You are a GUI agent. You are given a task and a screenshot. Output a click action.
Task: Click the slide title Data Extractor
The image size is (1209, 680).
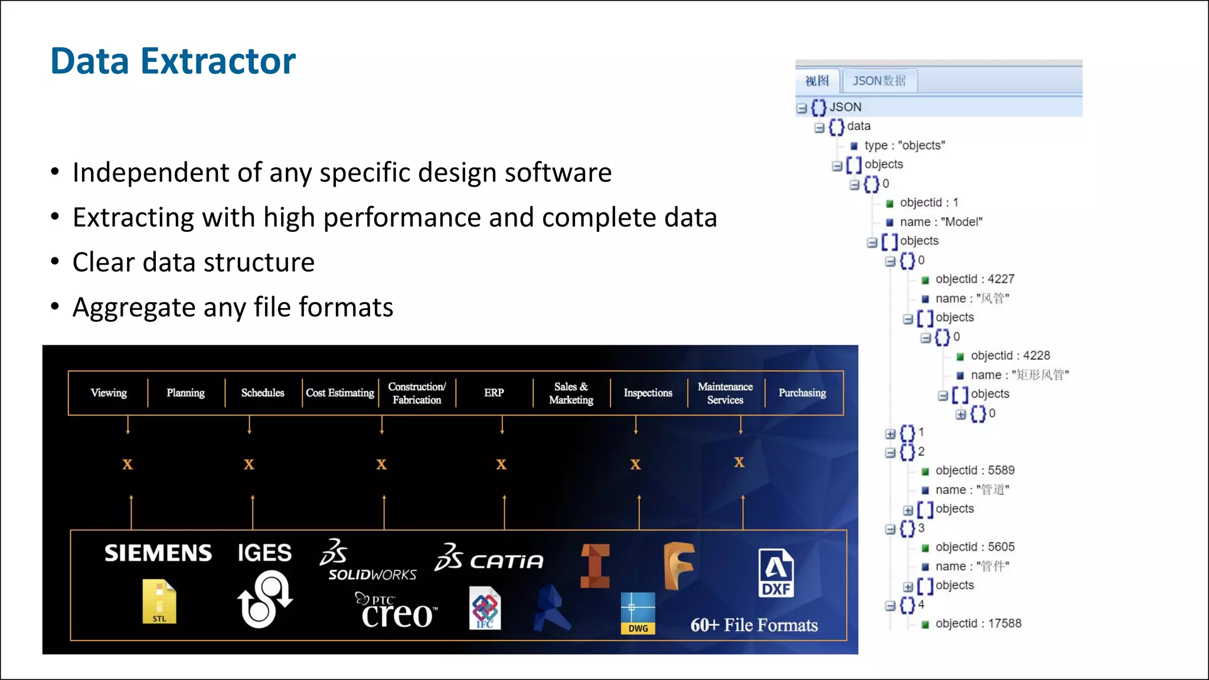tap(173, 61)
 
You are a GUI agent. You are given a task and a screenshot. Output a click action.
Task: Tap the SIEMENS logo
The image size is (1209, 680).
tap(158, 553)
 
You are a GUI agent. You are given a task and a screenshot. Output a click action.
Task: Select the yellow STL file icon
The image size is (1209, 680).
tap(159, 601)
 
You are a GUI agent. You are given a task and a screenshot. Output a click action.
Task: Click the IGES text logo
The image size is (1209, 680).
tap(264, 553)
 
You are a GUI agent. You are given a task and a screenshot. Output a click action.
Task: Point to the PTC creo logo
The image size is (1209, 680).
tap(397, 611)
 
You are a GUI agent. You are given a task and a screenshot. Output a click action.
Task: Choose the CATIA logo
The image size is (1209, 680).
tap(489, 558)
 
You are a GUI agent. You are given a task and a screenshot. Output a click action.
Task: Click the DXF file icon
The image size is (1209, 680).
tap(776, 573)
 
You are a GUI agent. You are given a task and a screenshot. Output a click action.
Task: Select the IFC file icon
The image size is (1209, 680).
tap(485, 608)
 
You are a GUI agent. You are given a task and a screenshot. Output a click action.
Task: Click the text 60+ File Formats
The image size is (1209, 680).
tap(754, 625)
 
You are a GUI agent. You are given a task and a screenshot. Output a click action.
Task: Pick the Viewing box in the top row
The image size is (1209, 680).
tap(109, 393)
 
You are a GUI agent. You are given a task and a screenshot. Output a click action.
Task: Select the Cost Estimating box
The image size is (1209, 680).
tap(340, 393)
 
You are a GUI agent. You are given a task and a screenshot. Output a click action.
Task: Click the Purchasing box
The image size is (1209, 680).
tap(802, 393)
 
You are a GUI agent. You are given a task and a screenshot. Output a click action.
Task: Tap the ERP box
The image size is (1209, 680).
tap(494, 393)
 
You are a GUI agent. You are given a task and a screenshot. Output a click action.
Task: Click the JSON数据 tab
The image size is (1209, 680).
tap(879, 81)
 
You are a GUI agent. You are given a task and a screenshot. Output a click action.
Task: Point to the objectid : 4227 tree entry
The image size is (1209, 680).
tap(975, 279)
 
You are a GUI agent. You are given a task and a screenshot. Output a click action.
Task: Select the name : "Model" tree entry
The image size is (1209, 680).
tap(941, 222)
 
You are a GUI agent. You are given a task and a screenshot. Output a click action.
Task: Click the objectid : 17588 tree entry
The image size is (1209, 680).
tap(978, 623)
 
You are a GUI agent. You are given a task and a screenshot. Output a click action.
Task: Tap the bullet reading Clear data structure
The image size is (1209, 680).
tap(194, 262)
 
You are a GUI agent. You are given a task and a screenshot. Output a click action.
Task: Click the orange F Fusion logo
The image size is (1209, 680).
tap(678, 566)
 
